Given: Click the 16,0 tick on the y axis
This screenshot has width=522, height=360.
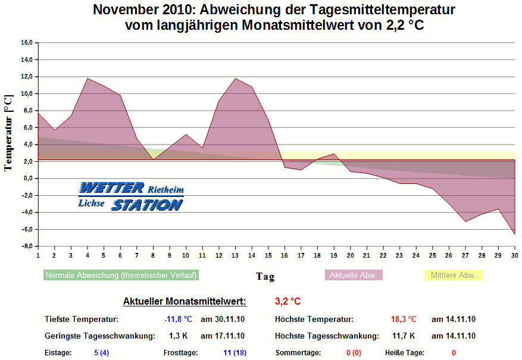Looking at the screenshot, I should [x=26, y=43].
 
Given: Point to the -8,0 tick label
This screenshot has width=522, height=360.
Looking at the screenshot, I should [x=26, y=246].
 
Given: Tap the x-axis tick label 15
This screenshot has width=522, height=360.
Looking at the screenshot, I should [x=268, y=255].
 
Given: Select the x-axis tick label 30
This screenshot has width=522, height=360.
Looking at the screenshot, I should [x=515, y=255].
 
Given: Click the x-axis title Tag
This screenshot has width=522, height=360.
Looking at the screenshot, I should [x=265, y=276].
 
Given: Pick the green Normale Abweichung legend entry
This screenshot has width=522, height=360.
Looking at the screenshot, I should [x=121, y=276].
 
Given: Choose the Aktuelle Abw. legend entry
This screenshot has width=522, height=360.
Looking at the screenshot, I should [x=354, y=276].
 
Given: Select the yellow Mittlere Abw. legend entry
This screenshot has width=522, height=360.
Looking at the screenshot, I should [x=453, y=276].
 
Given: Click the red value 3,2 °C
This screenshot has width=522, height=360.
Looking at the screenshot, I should [x=287, y=301].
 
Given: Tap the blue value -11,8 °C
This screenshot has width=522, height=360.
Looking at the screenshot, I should [x=178, y=320].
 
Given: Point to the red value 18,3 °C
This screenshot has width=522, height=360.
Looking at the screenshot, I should [x=404, y=320].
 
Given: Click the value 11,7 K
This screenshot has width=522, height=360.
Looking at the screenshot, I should [x=404, y=336].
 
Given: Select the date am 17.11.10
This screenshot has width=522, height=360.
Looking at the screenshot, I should [x=223, y=336].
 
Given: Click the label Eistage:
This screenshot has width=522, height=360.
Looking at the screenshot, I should [x=58, y=353].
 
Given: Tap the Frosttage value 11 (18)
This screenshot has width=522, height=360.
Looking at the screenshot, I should [x=235, y=353].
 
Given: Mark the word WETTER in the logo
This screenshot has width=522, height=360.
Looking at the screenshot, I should [x=111, y=188].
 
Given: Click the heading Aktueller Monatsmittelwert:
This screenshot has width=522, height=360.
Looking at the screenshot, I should [x=185, y=301].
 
